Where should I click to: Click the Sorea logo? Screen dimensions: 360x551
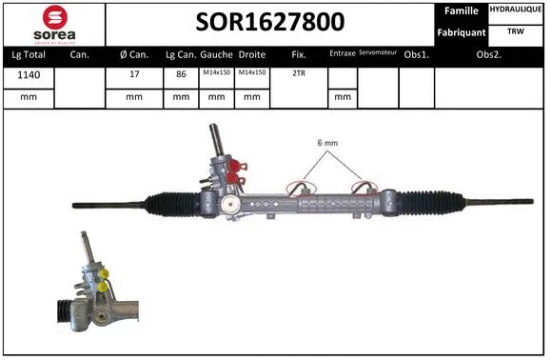click(54, 23)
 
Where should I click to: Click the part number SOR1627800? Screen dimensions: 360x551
click(270, 22)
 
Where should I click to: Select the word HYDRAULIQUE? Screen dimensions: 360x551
click(517, 10)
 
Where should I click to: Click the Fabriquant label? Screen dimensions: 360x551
click(462, 32)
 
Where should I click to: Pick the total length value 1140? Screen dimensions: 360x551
click(29, 73)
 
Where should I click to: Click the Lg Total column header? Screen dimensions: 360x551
click(29, 54)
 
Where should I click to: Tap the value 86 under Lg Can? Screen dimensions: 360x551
click(180, 73)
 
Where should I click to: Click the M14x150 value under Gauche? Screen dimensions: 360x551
click(216, 73)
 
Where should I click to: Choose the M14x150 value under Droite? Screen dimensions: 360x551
click(251, 73)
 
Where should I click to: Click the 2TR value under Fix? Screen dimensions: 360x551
click(298, 73)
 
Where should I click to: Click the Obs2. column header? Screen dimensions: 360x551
click(489, 54)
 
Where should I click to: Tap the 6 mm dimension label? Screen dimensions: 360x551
click(327, 144)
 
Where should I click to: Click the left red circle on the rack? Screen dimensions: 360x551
click(302, 190)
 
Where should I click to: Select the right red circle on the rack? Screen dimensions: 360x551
click(364, 190)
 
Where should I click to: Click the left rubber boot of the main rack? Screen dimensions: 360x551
click(171, 203)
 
